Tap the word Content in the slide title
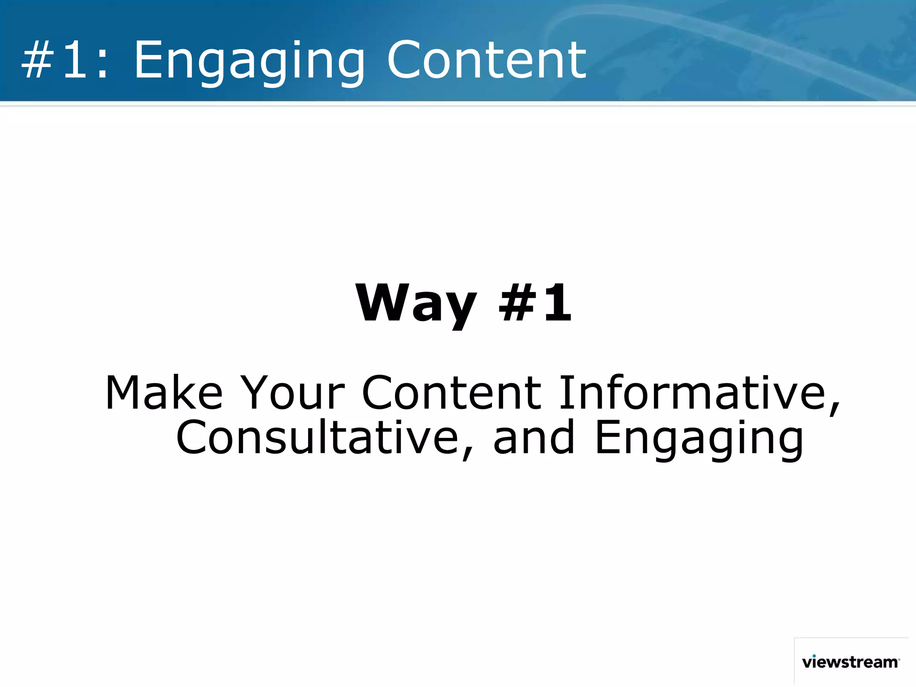coord(486,60)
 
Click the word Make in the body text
coord(164,393)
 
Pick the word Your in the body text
coord(293,393)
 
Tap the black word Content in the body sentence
coord(451,393)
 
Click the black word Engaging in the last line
coord(699,441)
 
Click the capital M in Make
coord(123,393)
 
